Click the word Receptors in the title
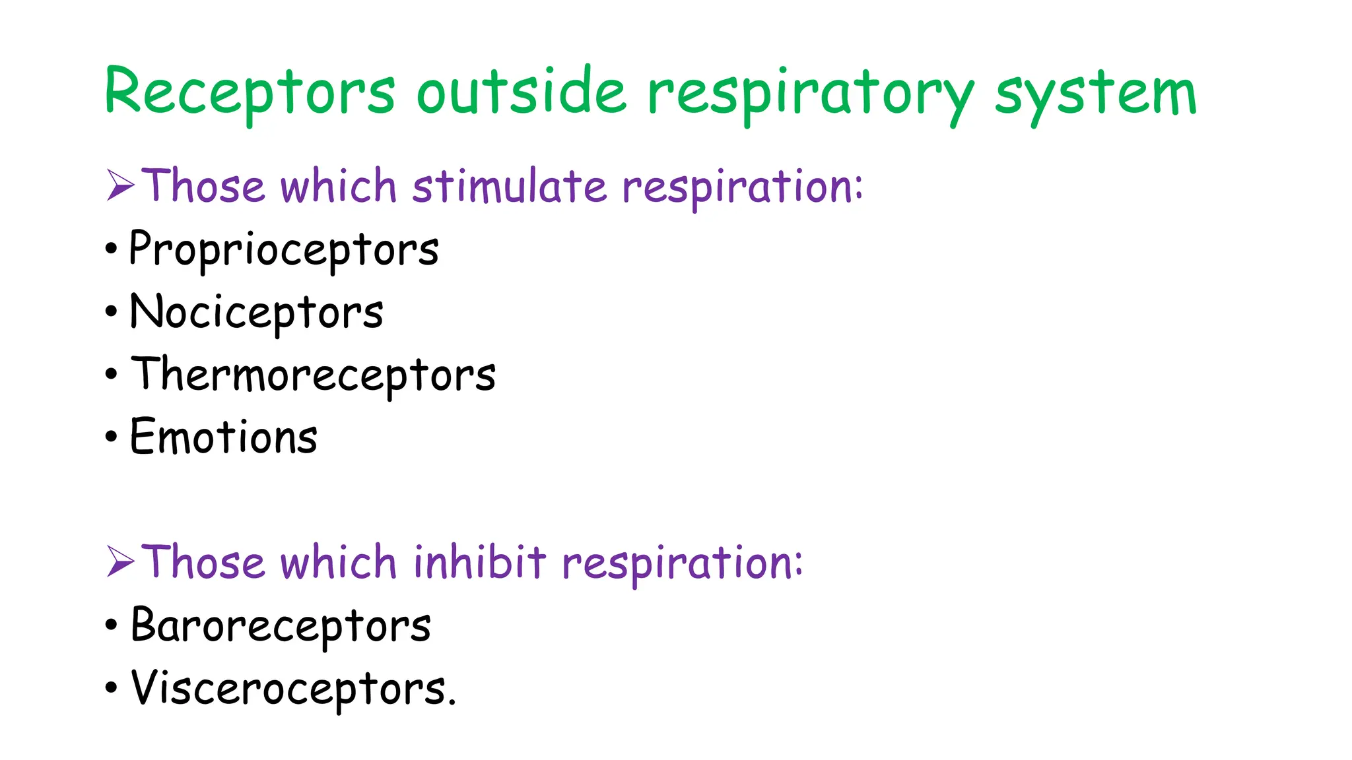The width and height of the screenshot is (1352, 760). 250,92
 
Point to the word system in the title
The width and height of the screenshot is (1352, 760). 1095,94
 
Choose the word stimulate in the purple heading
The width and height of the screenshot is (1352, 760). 509,186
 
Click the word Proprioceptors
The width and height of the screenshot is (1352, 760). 284,249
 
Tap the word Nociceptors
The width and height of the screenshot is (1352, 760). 256,312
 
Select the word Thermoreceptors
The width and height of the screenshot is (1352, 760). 313,375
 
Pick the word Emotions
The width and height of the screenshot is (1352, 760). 224,437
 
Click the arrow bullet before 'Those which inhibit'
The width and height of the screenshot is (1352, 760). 120,562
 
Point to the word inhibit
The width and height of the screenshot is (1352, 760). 480,562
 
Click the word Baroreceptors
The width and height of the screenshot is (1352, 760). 281,625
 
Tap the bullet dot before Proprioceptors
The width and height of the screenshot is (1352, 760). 111,249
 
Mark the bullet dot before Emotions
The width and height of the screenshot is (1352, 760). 111,437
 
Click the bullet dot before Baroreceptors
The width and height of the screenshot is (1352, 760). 111,625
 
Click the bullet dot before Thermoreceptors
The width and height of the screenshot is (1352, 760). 111,375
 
